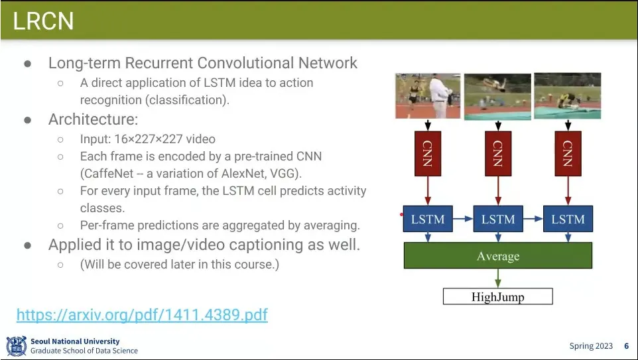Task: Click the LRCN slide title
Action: (43, 21)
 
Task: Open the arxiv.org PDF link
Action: (142, 314)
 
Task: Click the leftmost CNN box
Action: (428, 153)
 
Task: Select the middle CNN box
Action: (498, 153)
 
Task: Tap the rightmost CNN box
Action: (568, 153)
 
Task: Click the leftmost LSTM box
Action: (428, 219)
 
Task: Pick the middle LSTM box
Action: (498, 219)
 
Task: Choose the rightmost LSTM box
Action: (568, 219)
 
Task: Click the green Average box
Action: (498, 256)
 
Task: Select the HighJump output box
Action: (498, 297)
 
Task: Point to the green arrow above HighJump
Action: (498, 278)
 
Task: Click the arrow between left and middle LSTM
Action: (463, 219)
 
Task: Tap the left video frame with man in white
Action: (428, 96)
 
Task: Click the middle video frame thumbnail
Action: (497, 97)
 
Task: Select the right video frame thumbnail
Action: (567, 96)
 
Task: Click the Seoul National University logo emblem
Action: (16, 346)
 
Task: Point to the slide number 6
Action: (626, 346)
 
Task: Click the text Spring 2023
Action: (591, 346)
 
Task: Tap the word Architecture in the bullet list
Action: (93, 120)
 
